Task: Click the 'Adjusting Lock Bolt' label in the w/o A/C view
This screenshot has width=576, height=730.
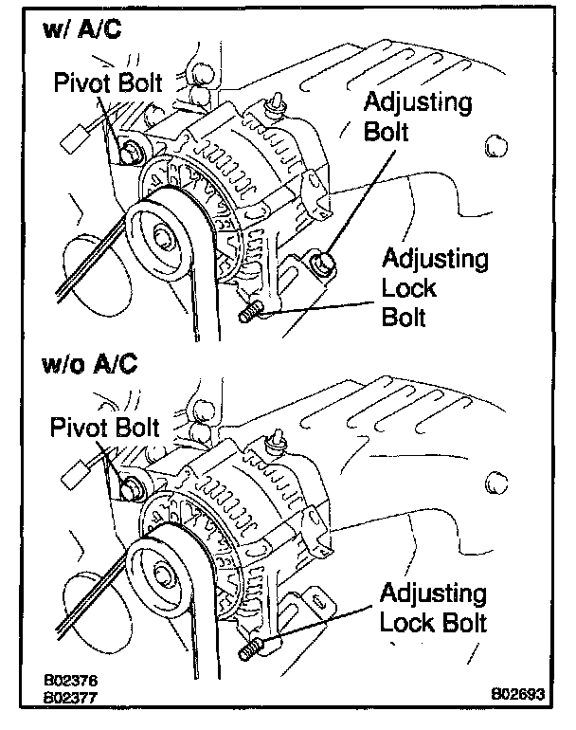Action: tap(433, 609)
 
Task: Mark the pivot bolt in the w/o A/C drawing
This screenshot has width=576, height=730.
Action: tap(130, 488)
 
